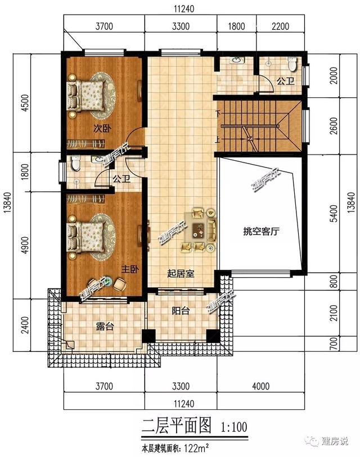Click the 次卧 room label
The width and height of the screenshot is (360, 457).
pyautogui.click(x=102, y=128)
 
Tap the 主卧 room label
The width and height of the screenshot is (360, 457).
pyautogui.click(x=129, y=269)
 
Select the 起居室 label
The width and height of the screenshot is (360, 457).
pyautogui.click(x=181, y=274)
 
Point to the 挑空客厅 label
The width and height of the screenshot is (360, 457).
pyautogui.click(x=261, y=232)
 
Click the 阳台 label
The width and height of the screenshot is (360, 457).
pyautogui.click(x=181, y=311)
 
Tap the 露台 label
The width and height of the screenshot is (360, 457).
pyautogui.click(x=105, y=327)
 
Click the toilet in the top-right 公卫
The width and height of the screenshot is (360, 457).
pyautogui.click(x=292, y=64)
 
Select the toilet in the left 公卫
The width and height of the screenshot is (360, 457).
pyautogui.click(x=75, y=163)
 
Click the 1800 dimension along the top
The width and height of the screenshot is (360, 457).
pyautogui.click(x=236, y=26)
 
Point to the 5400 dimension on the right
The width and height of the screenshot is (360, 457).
pyautogui.click(x=334, y=214)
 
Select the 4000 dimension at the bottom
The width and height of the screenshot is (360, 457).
pyautogui.click(x=261, y=387)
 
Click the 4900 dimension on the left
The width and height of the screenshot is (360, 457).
pyautogui.click(x=26, y=245)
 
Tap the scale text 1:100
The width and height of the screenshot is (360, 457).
pyautogui.click(x=234, y=427)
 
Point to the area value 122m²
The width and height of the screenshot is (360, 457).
pyautogui.click(x=197, y=447)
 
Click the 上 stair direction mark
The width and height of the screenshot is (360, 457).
pyautogui.click(x=218, y=141)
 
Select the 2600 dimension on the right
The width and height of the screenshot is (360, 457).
pyautogui.click(x=334, y=125)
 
